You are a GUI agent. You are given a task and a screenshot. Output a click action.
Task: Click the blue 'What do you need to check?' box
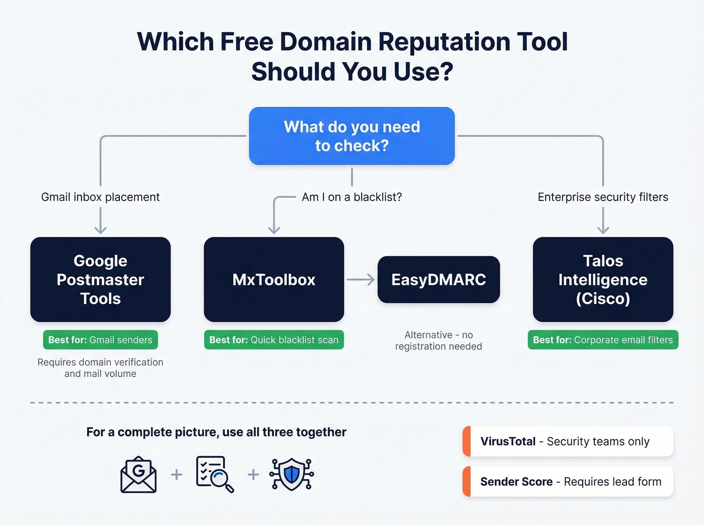[x=352, y=136]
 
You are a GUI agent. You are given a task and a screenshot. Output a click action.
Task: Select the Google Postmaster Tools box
[x=101, y=279]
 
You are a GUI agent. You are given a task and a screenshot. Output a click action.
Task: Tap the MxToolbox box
[x=274, y=279]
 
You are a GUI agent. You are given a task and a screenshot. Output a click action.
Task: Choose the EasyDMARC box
[x=438, y=279]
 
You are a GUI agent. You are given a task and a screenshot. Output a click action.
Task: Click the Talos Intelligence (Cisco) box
[x=603, y=279]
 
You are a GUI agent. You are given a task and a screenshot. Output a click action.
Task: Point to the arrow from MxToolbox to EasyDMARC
[x=361, y=279]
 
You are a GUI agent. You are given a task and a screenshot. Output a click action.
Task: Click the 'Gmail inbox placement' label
[x=101, y=197]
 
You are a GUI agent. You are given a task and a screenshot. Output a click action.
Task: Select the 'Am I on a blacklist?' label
[x=352, y=197]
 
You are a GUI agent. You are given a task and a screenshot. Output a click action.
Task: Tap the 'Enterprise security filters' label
[x=603, y=197]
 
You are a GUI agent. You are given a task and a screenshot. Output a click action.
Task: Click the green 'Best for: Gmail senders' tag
[x=101, y=340]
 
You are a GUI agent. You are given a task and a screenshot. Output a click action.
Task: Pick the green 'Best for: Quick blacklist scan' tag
[x=274, y=340]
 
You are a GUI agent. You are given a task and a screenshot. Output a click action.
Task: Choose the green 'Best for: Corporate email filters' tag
[x=603, y=340]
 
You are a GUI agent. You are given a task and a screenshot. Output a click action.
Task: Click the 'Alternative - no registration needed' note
[x=438, y=340]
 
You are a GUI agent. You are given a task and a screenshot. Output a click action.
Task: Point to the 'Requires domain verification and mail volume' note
[x=101, y=368]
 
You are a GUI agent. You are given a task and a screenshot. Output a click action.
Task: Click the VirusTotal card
[x=568, y=441]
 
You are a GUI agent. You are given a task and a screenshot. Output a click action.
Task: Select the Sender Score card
[x=568, y=481]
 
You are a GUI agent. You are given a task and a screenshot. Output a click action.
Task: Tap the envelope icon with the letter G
[x=138, y=474]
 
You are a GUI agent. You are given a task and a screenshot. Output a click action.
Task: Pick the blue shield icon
[x=292, y=474]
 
